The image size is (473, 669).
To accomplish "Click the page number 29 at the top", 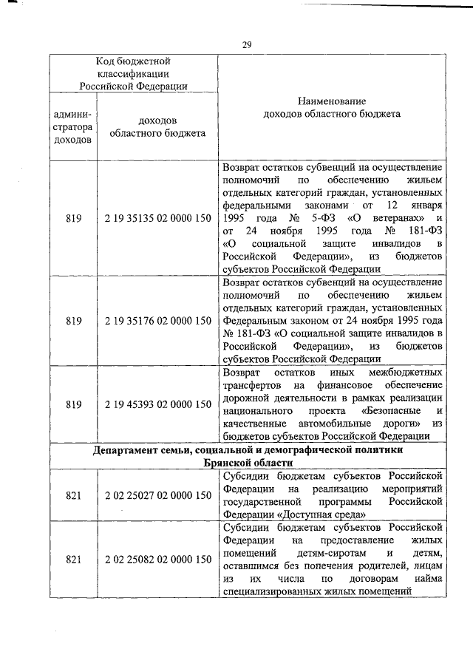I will click(x=248, y=46).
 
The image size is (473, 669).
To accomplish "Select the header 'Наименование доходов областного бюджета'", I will click(x=332, y=107).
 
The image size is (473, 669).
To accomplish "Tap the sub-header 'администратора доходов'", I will click(x=73, y=126).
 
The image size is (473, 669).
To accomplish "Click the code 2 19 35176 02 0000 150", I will click(x=157, y=321).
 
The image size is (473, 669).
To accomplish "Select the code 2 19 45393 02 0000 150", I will click(x=157, y=404).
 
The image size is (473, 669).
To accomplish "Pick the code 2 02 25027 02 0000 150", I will click(x=157, y=496).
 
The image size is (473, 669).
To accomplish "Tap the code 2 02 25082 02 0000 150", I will click(x=157, y=560).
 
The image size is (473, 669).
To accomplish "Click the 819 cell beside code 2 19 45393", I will click(x=73, y=404).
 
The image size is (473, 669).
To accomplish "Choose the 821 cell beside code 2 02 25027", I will click(x=73, y=496).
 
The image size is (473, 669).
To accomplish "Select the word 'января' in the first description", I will click(x=427, y=204).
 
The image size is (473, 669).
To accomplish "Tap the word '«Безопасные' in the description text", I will click(x=392, y=410).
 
